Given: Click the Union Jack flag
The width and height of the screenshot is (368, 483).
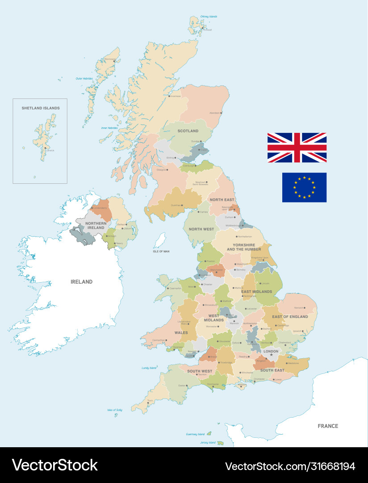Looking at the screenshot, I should (297, 148).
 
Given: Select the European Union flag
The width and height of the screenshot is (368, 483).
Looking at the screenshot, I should (304, 187).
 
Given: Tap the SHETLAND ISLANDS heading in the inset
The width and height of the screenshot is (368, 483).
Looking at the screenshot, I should (41, 108).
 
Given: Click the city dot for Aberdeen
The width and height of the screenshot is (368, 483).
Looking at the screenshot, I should (221, 113).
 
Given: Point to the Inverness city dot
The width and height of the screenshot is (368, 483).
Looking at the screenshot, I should (169, 96).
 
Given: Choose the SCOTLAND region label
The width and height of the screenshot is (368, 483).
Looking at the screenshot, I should (188, 131).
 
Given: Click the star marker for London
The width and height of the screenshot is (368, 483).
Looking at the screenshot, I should (271, 355).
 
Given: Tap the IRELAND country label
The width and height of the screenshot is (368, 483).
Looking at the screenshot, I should (82, 282).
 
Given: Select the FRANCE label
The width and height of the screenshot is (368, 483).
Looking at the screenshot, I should (328, 426).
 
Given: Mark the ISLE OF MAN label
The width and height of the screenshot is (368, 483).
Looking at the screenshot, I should (161, 251).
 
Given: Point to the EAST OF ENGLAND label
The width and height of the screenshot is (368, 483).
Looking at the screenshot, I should (290, 317).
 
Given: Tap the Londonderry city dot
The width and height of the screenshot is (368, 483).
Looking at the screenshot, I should (92, 208).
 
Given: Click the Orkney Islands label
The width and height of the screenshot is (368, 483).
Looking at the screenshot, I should (209, 17).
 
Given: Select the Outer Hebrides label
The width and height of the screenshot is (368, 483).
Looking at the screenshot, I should (84, 79).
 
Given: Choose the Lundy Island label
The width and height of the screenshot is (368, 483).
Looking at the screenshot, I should (149, 368).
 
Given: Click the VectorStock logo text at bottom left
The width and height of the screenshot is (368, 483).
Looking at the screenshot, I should (54, 465).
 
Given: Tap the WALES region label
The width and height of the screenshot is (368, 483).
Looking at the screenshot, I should (181, 333).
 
